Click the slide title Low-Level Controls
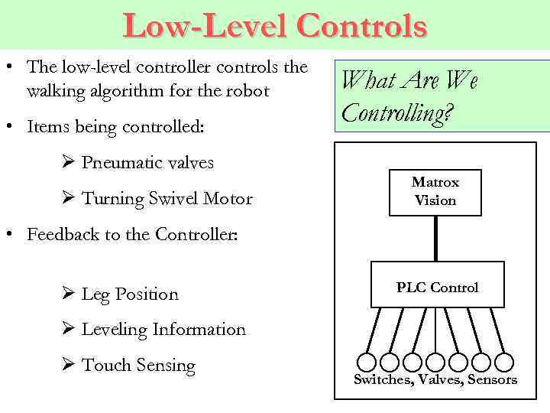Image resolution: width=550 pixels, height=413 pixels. point(275,25)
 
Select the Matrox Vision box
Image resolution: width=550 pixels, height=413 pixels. point(435,192)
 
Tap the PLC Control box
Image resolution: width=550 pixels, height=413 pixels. point(437,287)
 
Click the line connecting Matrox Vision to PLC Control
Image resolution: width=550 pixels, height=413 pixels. point(435,238)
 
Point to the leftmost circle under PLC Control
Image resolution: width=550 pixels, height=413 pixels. point(367,361)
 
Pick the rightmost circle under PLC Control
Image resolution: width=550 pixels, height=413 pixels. point(504,361)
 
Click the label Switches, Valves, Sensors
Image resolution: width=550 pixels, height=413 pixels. point(435,379)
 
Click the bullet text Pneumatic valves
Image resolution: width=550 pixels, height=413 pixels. point(147,163)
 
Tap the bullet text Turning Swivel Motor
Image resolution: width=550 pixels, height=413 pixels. point(167,199)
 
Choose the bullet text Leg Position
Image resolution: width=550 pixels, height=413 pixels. point(130,294)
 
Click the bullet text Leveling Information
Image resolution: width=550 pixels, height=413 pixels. point(163,330)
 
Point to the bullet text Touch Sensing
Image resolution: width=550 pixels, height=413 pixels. point(138,366)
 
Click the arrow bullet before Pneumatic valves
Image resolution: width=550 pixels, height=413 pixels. point(66,162)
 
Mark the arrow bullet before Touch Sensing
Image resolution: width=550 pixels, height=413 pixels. point(66,365)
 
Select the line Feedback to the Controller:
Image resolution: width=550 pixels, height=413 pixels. point(132,235)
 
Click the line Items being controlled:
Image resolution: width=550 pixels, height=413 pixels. point(115,126)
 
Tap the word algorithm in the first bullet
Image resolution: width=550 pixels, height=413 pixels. point(121,91)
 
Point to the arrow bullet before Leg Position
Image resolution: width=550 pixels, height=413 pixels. point(66,294)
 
